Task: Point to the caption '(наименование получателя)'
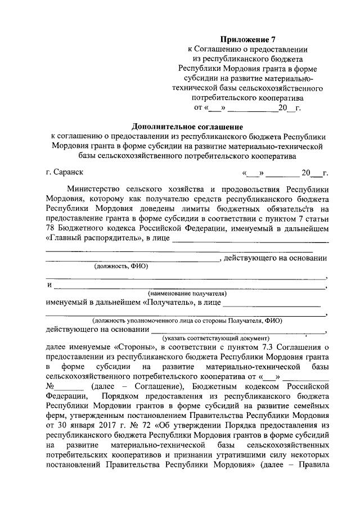(x=187, y=293)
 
